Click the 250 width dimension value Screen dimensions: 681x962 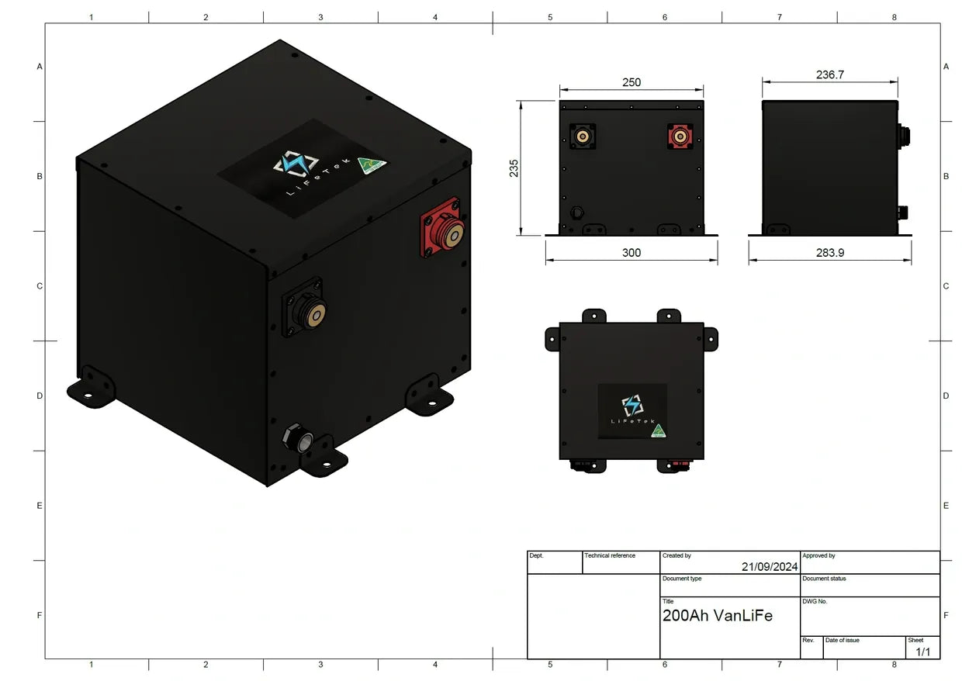632,82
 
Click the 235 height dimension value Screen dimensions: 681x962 514,168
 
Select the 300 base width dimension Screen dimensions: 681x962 632,253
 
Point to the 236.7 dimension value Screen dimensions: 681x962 829,75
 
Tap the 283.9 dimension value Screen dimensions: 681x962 829,253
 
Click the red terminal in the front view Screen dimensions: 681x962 680,137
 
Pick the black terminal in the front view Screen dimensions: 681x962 582,137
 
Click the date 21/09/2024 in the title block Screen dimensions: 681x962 769,567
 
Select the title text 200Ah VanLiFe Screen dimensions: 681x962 717,616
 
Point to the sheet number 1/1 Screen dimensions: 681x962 922,652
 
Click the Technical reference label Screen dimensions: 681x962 610,555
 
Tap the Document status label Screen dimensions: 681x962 824,579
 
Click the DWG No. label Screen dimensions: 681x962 815,601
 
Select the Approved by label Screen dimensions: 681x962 818,555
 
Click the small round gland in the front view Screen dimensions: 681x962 576,212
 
